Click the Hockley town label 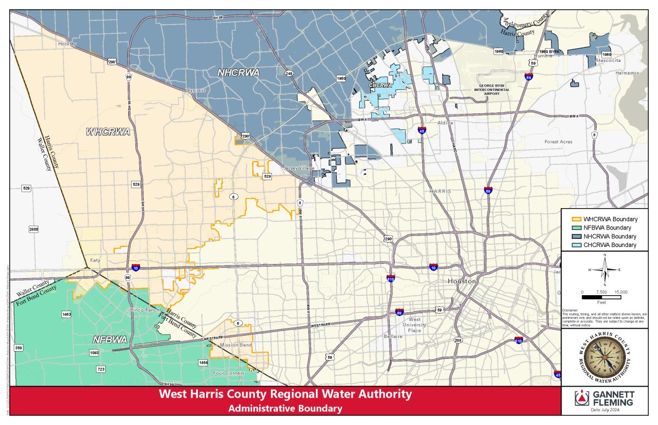pyautogui.click(x=67, y=43)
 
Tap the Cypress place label pyautogui.click(x=196, y=90)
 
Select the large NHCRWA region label pyautogui.click(x=238, y=72)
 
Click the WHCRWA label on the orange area pyautogui.click(x=107, y=131)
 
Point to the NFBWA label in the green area pyautogui.click(x=110, y=340)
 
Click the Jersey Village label pyautogui.click(x=299, y=168)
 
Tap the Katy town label pyautogui.click(x=97, y=261)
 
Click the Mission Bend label pyautogui.click(x=236, y=345)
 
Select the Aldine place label pyautogui.click(x=445, y=123)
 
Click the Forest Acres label pyautogui.click(x=558, y=142)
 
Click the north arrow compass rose pyautogui.click(x=605, y=270)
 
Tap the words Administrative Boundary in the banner pyautogui.click(x=285, y=408)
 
